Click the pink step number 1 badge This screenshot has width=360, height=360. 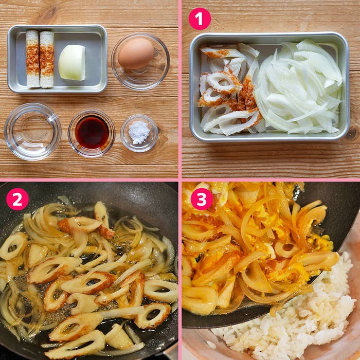pyautogui.click(x=200, y=19)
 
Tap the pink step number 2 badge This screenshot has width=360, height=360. pyautogui.click(x=17, y=199)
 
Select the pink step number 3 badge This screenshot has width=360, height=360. pyautogui.click(x=202, y=199)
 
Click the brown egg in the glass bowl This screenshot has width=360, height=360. pyautogui.click(x=136, y=53)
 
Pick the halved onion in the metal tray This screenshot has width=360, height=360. pyautogui.click(x=72, y=62)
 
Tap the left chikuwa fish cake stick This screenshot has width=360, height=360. pyautogui.click(x=33, y=59)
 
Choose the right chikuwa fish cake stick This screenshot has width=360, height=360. pyautogui.click(x=47, y=59)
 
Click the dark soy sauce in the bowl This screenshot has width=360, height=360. pyautogui.click(x=92, y=133)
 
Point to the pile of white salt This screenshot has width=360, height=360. pyautogui.click(x=139, y=132)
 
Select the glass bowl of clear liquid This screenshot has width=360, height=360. pyautogui.click(x=32, y=131)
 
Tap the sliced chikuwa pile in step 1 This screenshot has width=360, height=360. pyautogui.click(x=229, y=90)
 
